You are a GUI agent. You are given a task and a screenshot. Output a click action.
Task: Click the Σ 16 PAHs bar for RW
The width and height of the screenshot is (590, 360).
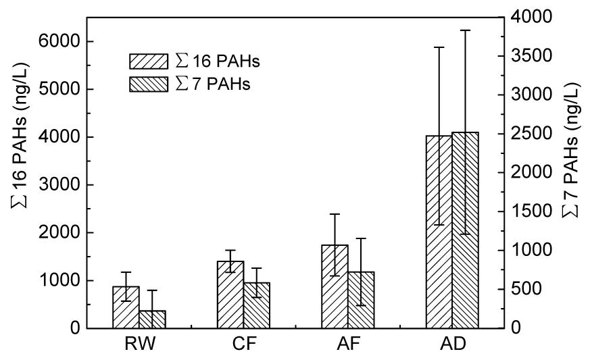126,307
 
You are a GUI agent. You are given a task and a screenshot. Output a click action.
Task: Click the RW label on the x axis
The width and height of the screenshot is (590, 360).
139,345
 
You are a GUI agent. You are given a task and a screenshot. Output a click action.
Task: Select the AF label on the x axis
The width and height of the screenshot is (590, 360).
348,345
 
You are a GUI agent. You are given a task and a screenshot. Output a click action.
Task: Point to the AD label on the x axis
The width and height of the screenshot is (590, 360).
452,345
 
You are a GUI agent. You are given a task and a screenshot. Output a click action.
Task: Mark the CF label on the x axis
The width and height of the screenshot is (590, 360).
243,345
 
